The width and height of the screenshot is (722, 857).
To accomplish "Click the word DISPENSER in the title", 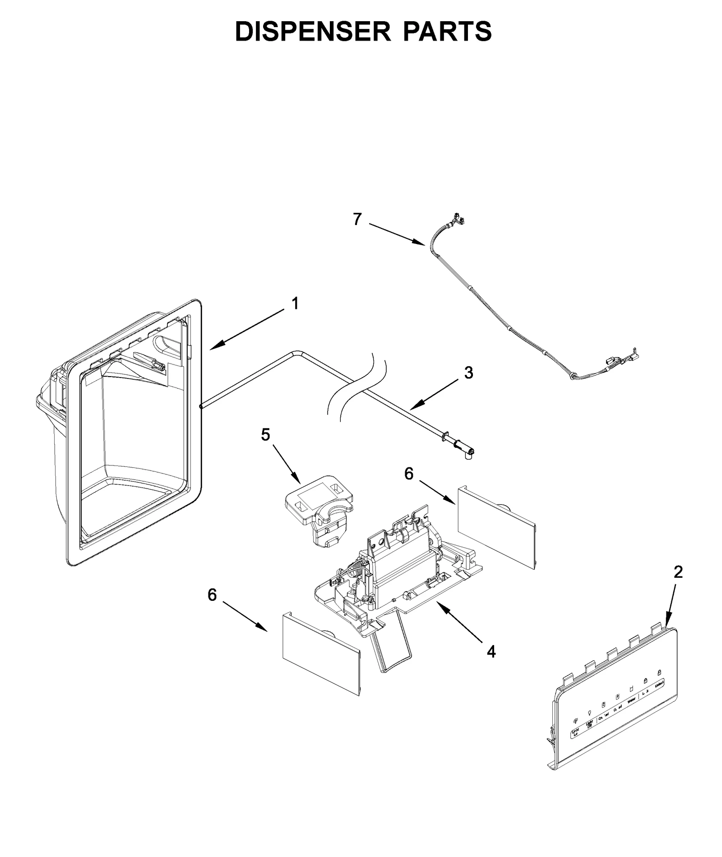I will coord(312,32).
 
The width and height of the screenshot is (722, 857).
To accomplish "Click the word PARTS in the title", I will coord(447,32).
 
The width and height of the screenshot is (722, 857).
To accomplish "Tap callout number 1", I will coord(295,304).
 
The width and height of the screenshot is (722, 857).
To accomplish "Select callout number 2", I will coord(678,572).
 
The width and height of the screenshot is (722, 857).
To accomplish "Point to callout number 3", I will coord(469,373).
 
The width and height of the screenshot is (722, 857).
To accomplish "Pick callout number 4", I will coord(491,651).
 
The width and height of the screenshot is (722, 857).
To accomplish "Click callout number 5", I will coord(265,434).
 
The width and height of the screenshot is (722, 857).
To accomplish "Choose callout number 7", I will coord(357,219).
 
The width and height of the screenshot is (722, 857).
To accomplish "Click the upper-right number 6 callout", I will coord(408,474).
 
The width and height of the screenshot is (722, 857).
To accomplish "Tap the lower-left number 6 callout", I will coord(212,595).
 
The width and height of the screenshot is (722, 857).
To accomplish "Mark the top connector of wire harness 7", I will coord(458,219).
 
